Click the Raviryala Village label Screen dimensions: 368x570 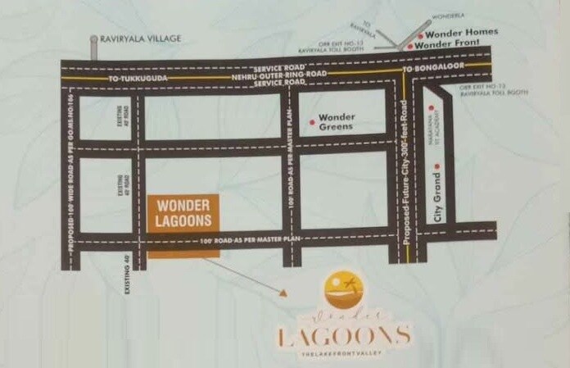point(140,38)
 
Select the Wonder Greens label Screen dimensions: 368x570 point(336,122)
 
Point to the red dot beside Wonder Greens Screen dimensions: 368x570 point(311,122)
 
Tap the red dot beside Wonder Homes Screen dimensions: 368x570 point(420,35)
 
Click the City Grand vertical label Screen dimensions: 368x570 point(438,202)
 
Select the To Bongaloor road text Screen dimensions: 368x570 point(433,69)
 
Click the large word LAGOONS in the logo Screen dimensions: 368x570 point(343,335)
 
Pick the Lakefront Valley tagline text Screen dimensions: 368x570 point(344,353)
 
